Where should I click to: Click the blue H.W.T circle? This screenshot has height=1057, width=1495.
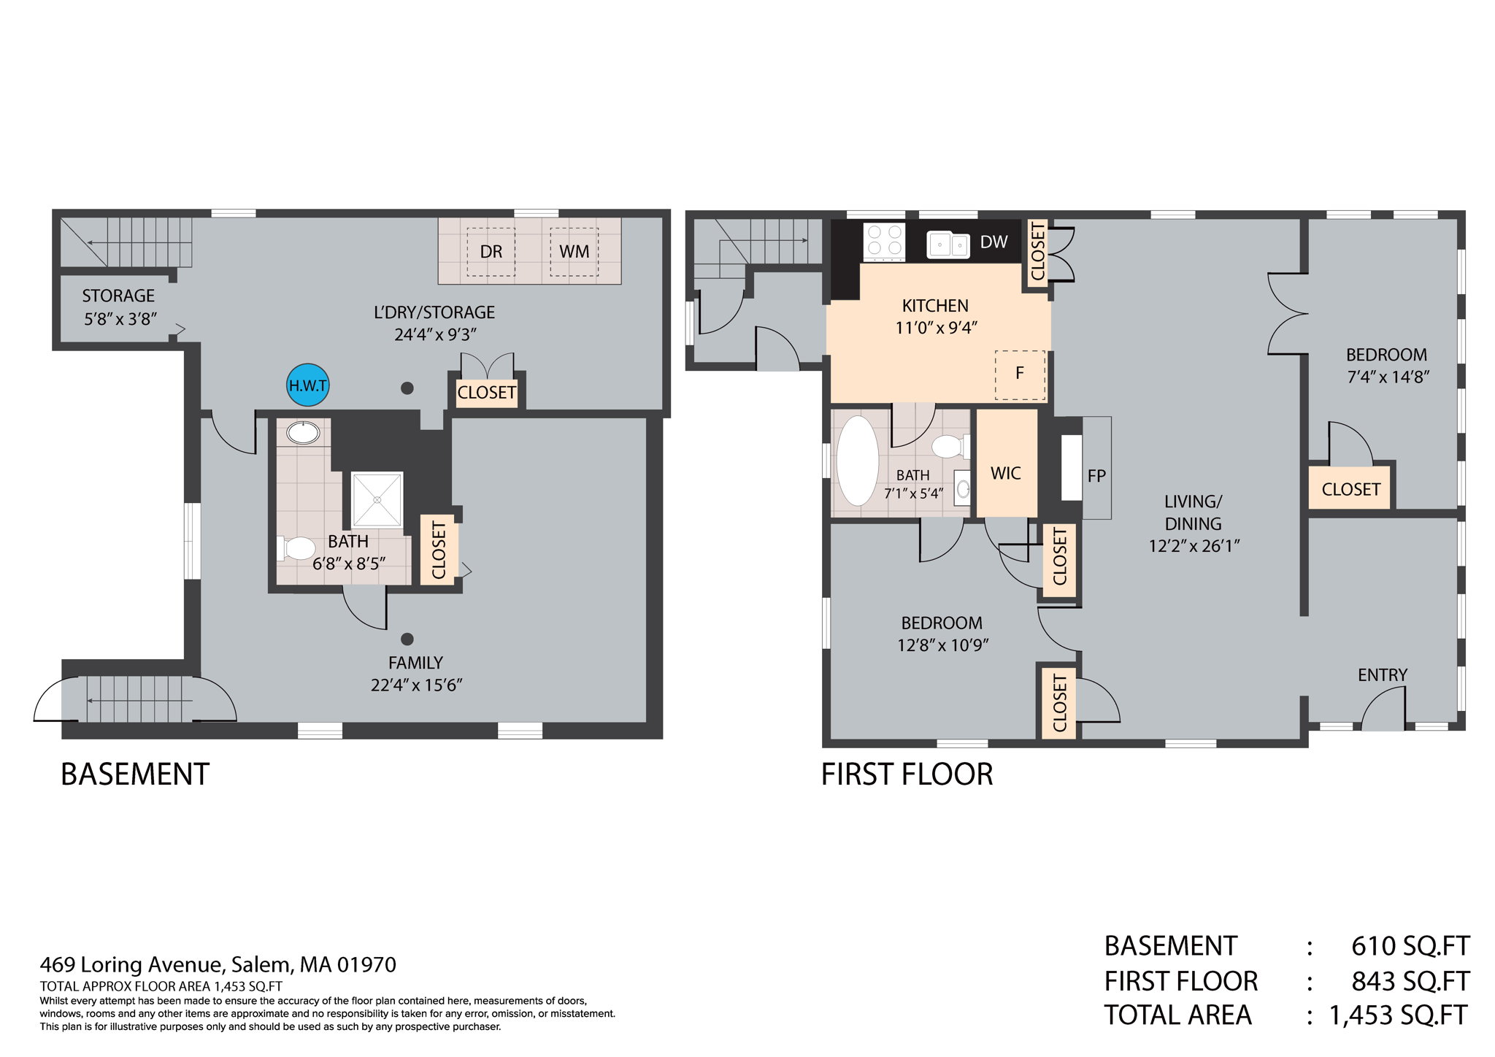[x=307, y=385]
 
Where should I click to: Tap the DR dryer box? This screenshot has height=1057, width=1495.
[x=491, y=252]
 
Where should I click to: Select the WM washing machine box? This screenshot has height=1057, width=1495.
[x=574, y=252]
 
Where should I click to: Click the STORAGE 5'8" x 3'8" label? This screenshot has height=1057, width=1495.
[x=119, y=307]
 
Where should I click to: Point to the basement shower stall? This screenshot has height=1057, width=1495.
[x=377, y=499]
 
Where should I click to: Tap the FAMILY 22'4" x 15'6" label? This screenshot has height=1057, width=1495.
[x=415, y=673]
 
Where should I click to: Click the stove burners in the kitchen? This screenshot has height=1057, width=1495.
[x=884, y=240]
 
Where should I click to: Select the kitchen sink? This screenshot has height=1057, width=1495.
[x=948, y=245]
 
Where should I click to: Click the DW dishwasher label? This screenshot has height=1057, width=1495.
[x=994, y=242]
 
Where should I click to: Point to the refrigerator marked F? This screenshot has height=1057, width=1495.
[x=1020, y=374]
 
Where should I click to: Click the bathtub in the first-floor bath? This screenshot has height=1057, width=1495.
[x=857, y=461]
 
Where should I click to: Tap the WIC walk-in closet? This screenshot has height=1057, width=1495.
[x=1005, y=473]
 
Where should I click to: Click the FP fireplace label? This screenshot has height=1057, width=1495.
[x=1096, y=476]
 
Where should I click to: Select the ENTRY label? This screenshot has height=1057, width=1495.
[x=1382, y=674]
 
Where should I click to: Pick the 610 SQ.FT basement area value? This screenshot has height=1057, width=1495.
[x=1409, y=945]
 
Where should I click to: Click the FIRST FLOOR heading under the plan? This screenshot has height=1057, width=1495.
[x=907, y=774]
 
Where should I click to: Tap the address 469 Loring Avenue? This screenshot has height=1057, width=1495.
[x=218, y=964]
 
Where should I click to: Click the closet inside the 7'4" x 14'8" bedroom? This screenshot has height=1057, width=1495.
[x=1350, y=488]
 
